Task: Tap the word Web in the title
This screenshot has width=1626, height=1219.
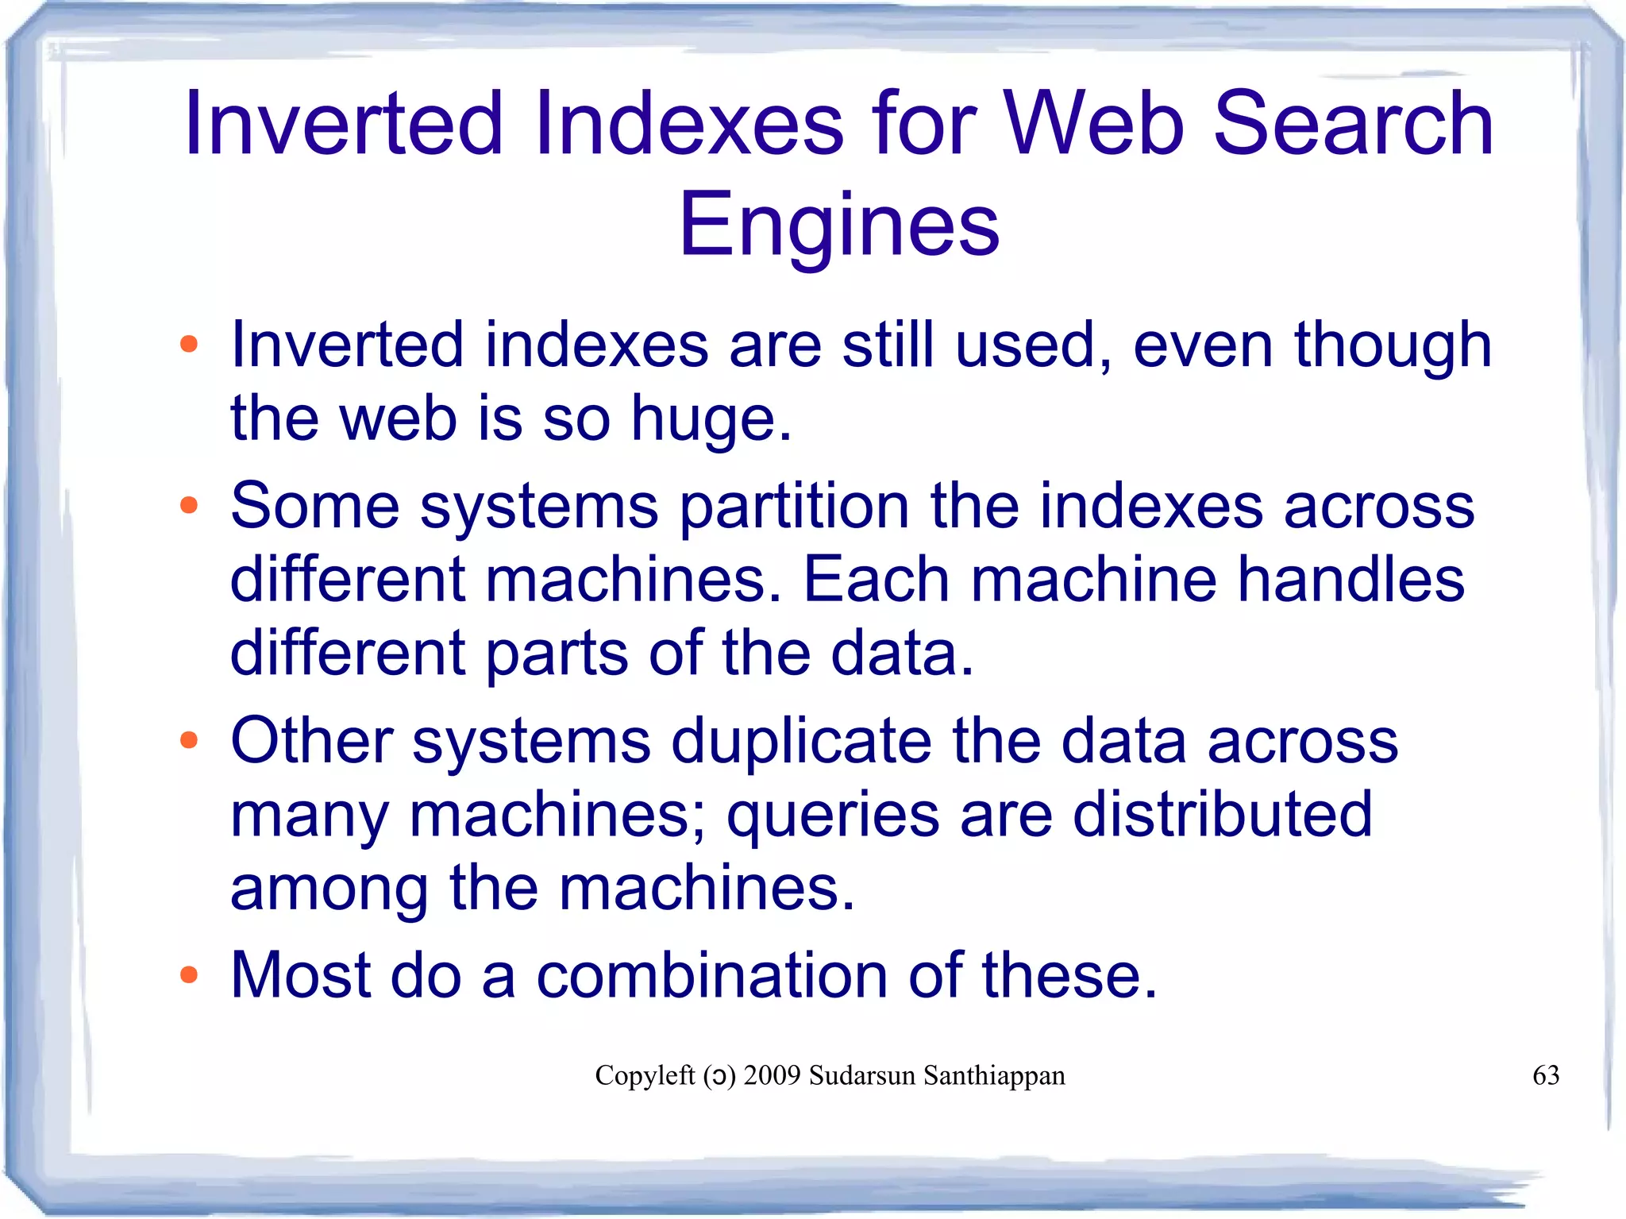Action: [1095, 123]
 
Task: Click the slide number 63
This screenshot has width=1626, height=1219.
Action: [1545, 1075]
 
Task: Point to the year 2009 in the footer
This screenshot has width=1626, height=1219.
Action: [772, 1075]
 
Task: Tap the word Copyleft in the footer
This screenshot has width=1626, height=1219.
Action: [645, 1075]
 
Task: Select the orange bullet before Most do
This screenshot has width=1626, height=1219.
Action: [188, 974]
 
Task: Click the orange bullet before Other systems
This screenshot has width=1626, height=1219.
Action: [188, 740]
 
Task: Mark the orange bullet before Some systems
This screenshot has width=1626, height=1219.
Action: [188, 505]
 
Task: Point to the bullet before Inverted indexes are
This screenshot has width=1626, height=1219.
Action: [188, 345]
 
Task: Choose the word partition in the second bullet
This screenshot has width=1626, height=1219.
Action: [794, 507]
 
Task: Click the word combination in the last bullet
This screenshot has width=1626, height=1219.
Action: [711, 974]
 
